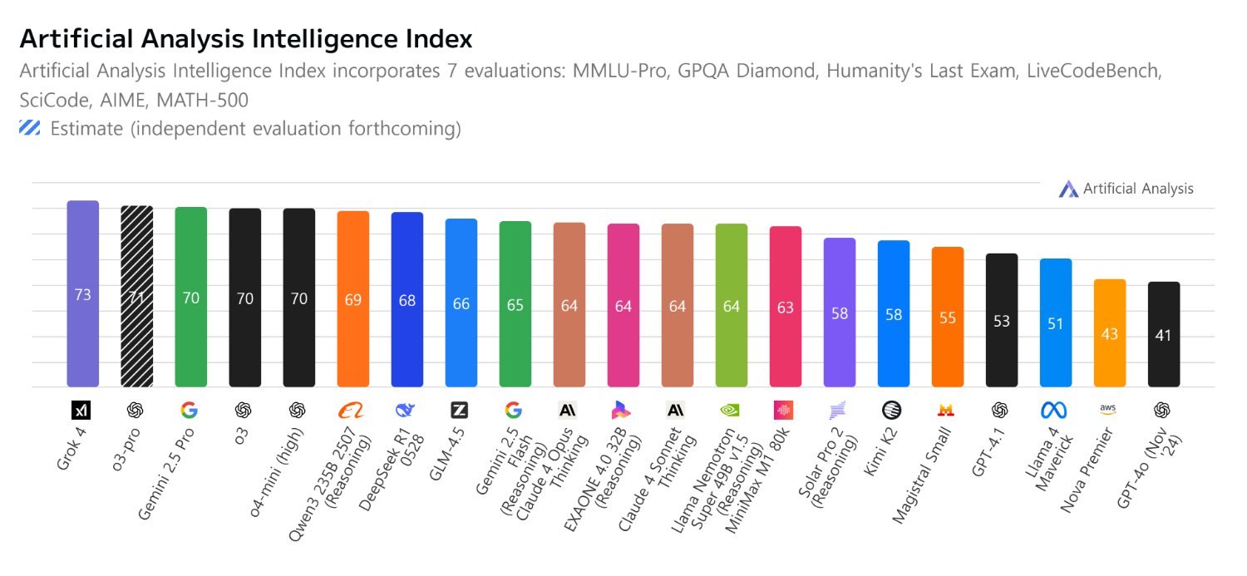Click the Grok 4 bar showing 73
(82, 293)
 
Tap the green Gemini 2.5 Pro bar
(190, 297)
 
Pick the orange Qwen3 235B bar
(352, 299)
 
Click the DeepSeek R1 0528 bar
(407, 300)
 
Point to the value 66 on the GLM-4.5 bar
(461, 304)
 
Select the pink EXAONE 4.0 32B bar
(623, 306)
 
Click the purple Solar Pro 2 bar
(839, 313)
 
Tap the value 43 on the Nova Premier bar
(1109, 334)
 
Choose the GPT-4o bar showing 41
(1163, 335)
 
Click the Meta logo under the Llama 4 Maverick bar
(1055, 410)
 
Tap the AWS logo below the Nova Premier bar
(1108, 409)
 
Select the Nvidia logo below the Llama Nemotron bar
(731, 410)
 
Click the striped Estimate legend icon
(30, 128)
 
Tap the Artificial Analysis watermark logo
(1067, 189)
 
